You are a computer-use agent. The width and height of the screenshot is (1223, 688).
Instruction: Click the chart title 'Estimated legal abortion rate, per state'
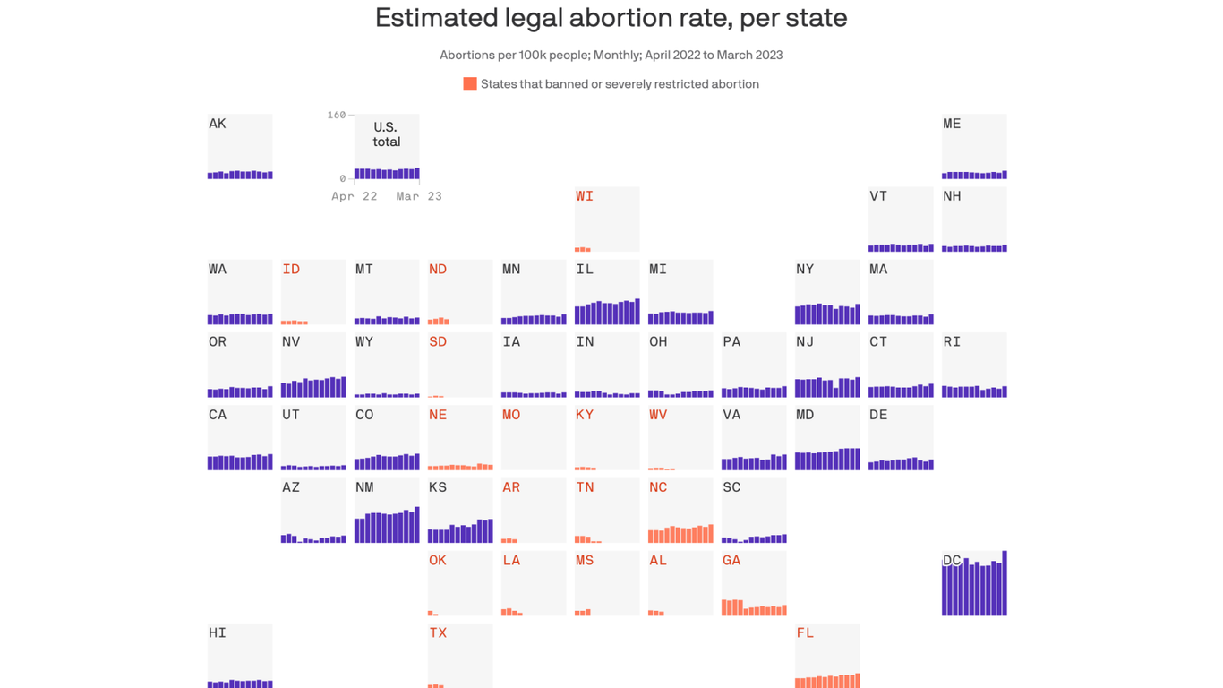(611, 18)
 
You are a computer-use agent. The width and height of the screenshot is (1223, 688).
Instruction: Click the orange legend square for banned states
(469, 84)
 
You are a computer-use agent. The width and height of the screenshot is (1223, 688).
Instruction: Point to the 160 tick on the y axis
(336, 116)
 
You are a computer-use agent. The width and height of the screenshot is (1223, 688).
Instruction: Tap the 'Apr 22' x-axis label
(355, 196)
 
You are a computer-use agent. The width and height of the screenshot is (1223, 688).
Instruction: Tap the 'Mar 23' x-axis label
(419, 196)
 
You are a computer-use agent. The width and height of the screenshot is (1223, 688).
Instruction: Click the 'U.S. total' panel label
(387, 134)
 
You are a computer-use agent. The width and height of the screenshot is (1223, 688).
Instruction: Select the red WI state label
(585, 196)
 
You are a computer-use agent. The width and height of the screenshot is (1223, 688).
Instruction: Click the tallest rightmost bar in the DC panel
(1005, 583)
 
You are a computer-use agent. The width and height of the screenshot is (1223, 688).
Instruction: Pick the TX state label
(438, 632)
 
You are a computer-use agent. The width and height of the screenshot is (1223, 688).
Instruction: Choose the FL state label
(805, 632)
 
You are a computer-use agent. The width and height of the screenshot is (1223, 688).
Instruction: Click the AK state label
(218, 124)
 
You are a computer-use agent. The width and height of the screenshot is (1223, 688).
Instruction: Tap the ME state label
(952, 124)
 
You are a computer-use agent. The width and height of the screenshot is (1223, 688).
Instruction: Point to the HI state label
(218, 632)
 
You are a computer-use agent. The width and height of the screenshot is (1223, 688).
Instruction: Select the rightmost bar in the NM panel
(416, 525)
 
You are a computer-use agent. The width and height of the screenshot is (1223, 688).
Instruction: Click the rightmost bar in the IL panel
(637, 312)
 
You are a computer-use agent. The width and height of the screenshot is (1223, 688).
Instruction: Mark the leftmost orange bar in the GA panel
(724, 607)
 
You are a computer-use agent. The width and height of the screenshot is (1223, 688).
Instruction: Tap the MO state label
(511, 415)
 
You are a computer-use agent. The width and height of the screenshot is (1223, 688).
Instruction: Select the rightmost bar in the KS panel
(490, 530)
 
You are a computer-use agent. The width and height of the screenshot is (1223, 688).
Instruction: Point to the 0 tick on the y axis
(342, 179)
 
